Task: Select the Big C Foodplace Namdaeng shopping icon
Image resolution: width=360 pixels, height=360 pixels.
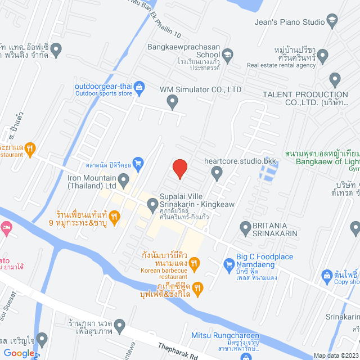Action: pos(228,263)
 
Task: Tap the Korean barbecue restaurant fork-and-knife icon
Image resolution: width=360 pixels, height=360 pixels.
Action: pos(194,263)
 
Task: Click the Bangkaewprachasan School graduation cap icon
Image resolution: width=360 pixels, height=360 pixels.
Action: pos(227,54)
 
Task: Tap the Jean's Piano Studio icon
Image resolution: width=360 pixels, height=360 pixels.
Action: pos(332,22)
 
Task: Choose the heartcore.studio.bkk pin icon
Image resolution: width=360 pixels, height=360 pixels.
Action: pos(218,175)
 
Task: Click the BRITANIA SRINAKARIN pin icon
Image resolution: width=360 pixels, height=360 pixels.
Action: pos(245,228)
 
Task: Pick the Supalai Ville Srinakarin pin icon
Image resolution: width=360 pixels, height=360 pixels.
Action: pos(152,206)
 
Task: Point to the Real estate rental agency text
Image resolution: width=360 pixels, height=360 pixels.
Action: pos(281,65)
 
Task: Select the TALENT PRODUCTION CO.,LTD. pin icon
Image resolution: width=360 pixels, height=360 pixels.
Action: pos(335,79)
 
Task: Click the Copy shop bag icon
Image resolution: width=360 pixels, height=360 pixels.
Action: pos(327,275)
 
